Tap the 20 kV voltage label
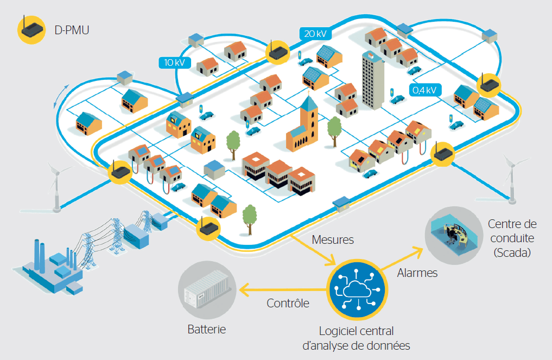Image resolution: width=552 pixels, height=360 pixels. (x=315, y=34)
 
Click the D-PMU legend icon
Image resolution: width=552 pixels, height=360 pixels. (x=30, y=30)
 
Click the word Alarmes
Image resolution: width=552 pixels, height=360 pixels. (x=417, y=273)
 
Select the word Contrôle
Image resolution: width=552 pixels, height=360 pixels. (x=288, y=303)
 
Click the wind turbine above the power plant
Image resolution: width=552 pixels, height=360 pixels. (x=56, y=182)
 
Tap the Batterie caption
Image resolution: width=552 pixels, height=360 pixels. (x=206, y=329)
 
